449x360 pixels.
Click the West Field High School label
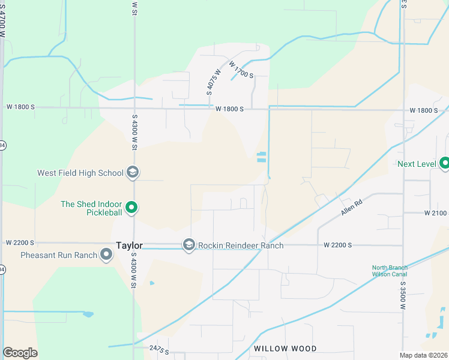[x=80, y=173]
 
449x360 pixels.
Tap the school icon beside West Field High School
[x=133, y=173]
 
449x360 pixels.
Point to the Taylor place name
[x=129, y=246]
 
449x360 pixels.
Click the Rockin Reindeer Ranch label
[x=241, y=245]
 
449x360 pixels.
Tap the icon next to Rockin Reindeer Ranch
[x=189, y=245]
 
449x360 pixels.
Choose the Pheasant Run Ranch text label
[x=59, y=255]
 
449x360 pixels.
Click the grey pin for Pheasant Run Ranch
[x=107, y=255]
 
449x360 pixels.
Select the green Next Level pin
[x=445, y=163]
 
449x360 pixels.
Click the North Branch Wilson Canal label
[x=389, y=271]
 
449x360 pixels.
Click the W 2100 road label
[x=436, y=213]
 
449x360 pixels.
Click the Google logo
[x=20, y=353]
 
